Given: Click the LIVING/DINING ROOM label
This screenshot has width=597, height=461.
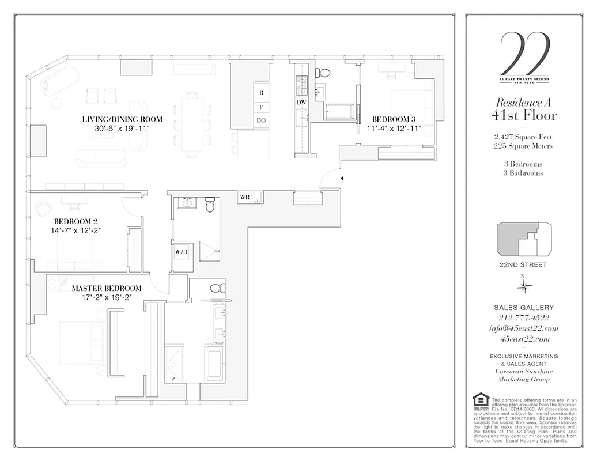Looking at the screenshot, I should [122, 119].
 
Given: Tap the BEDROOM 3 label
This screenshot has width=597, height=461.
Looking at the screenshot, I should [393, 120].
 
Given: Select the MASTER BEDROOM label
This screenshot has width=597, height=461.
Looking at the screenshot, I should [106, 288].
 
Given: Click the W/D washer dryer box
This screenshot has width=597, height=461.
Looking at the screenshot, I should [180, 252].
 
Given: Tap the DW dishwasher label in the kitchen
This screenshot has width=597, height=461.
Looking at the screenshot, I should [301, 102].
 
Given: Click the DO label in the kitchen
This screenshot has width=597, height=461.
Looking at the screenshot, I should [261, 120].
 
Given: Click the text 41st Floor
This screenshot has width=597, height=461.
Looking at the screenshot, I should [524, 115].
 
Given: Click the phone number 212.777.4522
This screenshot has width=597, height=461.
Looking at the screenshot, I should [524, 318].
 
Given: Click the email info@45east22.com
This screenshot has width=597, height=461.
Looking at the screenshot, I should [524, 328].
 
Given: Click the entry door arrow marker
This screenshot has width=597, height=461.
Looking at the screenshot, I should [342, 179].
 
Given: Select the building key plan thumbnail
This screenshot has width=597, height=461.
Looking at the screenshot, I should [524, 239].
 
